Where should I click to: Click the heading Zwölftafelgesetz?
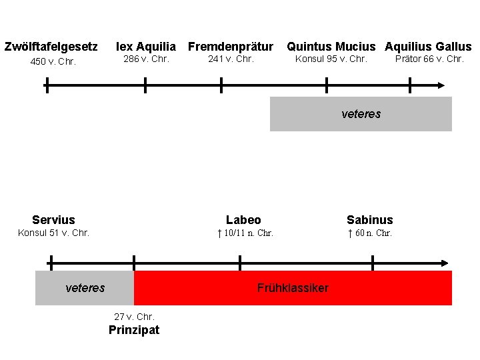point(51,47)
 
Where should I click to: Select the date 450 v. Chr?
point(53,62)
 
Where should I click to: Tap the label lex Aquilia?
point(146,47)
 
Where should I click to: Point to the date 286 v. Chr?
point(145,59)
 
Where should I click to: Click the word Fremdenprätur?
point(231,47)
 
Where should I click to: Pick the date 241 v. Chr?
point(231,59)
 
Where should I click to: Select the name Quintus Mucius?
point(331,47)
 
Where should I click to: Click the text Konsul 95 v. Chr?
point(331,59)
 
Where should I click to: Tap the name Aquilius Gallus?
point(428,47)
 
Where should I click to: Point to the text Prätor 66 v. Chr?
point(429,59)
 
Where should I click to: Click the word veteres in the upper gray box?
point(361,114)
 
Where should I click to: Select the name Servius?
point(53,220)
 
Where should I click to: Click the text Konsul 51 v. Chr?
point(53,233)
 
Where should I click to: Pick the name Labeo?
point(243,220)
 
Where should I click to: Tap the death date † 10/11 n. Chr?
point(245,233)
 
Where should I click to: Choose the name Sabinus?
point(370,220)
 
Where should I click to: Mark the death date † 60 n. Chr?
point(370,233)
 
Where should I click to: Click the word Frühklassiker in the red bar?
point(293,288)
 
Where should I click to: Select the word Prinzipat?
point(134,330)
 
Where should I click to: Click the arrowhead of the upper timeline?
point(441,85)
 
